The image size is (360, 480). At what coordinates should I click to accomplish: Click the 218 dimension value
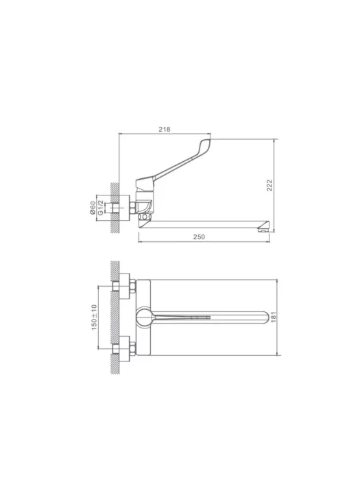pos(165,129)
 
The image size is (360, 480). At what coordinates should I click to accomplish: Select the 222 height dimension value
pos(269,185)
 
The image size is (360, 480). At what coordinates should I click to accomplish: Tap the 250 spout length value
pos(199,237)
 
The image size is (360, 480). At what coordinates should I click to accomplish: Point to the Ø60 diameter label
pos(93,208)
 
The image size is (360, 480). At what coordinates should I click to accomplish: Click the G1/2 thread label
pos(100,208)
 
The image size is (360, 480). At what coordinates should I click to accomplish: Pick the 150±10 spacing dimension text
pos(94,317)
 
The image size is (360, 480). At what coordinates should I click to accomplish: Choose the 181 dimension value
pos(274,317)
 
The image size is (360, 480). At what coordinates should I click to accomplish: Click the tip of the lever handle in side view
pos(209,141)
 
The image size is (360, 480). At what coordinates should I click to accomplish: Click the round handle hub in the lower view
pos(145,317)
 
